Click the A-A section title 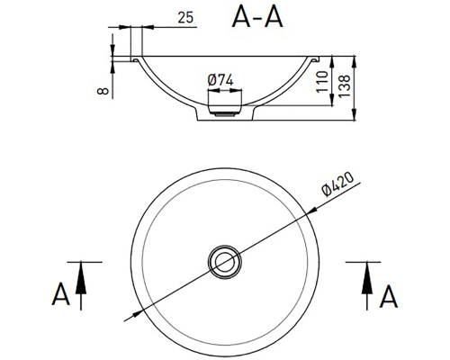[257, 17]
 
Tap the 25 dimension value [185, 17]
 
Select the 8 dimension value [103, 91]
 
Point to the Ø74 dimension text [220, 80]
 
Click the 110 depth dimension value [322, 82]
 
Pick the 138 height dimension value [344, 85]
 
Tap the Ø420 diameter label [337, 184]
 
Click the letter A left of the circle [61, 293]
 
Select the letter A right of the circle [389, 296]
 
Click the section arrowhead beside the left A [81, 278]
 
